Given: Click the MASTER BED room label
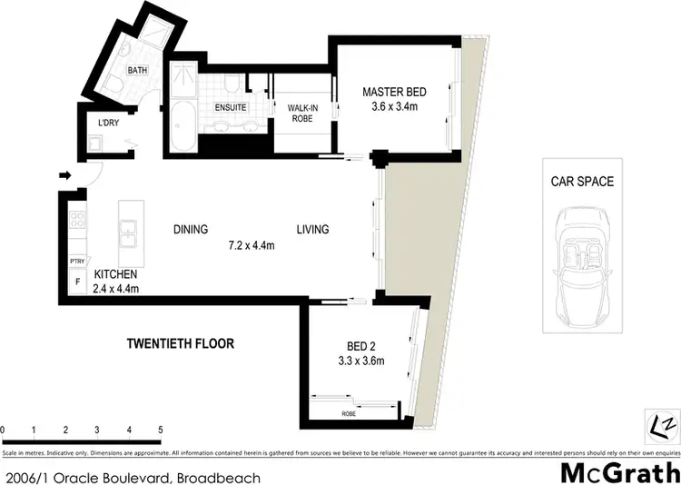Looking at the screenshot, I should pos(393,92).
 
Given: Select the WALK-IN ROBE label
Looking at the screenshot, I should pos(303,113).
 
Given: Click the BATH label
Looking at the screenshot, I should pos(137,70).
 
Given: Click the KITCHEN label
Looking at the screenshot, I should pos(114,274).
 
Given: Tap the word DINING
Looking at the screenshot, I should pos(191,230).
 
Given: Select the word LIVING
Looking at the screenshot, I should pos(311,230).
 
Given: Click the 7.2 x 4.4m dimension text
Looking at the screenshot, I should pos(252,244).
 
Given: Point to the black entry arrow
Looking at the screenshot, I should pos(65,175).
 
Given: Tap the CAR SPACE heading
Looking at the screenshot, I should pos(582,182).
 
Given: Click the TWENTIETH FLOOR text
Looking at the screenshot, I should pos(180,344).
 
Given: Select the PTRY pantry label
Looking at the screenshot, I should pos(77,262).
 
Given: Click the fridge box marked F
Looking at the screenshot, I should pos(77,282).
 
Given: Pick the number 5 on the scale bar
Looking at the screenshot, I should pos(161,430).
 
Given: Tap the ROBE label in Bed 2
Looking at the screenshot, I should pos(349,414).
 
